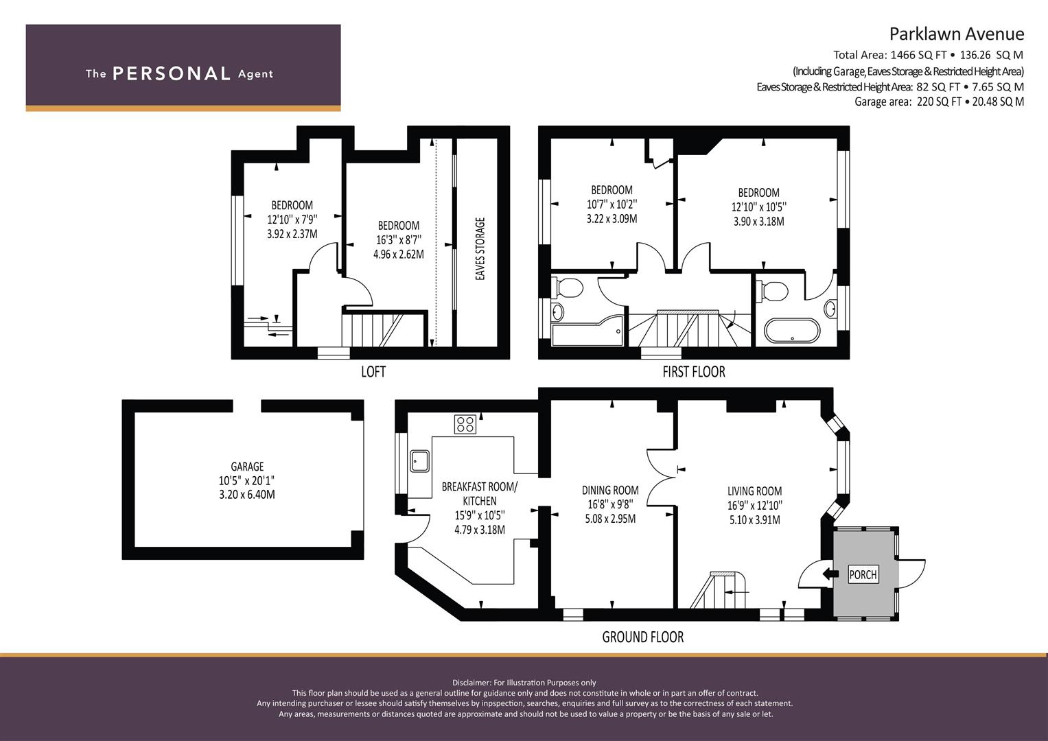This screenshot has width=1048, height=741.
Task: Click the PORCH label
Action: [863, 574]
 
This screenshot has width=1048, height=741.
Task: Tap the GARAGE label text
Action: [247, 467]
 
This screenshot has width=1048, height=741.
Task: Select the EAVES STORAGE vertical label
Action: [480, 248]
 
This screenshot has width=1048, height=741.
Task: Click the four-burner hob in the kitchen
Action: [465, 424]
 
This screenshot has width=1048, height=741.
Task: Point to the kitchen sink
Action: [419, 461]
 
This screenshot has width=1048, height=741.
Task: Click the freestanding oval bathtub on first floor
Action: [792, 331]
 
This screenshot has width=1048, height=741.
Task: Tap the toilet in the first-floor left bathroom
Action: [567, 287]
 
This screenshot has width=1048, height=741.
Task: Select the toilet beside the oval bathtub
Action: [772, 291]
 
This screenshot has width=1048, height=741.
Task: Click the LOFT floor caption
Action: [373, 372]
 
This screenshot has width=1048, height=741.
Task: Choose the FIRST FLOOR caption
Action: [694, 372]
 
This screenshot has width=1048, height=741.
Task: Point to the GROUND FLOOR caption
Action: [643, 637]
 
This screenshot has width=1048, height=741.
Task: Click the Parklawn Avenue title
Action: [957, 34]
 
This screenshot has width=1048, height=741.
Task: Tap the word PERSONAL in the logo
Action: [172, 73]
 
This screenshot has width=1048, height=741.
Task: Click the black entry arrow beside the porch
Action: [830, 574]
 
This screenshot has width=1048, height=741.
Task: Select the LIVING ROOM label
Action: [755, 491]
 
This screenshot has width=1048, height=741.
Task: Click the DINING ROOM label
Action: [610, 490]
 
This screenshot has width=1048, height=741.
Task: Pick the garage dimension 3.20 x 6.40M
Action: [247, 495]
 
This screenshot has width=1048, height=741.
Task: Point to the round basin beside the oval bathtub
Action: [830, 309]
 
